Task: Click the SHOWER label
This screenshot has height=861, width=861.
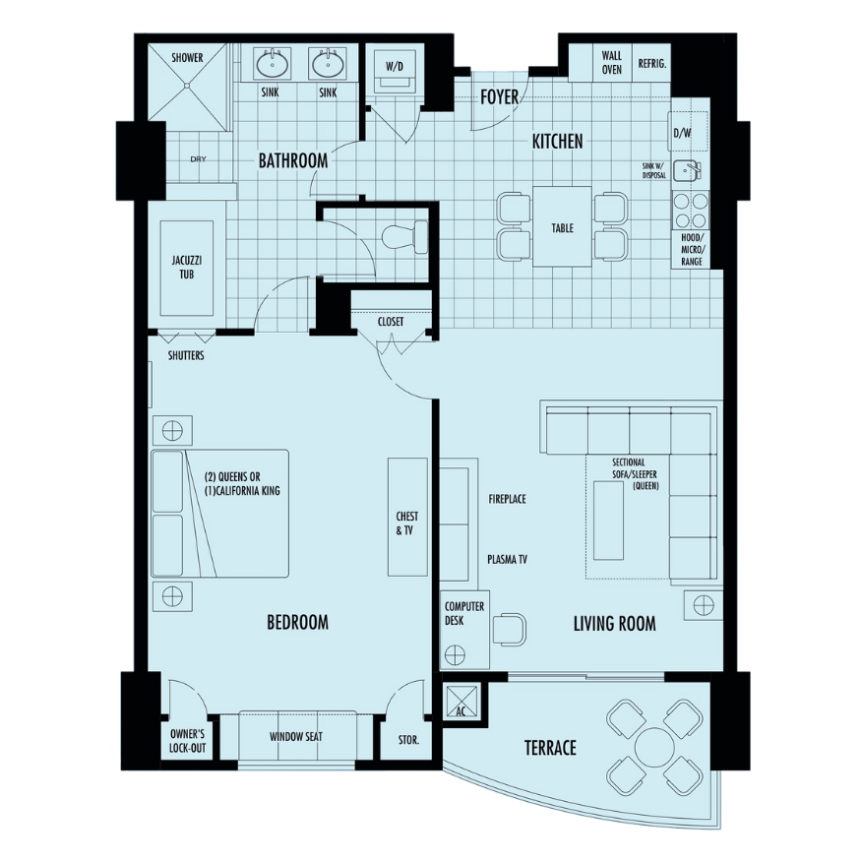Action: [x=187, y=58]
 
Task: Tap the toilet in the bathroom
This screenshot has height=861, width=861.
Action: [x=407, y=237]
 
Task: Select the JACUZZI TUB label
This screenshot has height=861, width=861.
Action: [x=187, y=267]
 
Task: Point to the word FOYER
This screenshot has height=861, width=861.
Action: [x=499, y=97]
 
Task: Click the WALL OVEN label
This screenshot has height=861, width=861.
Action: [x=612, y=63]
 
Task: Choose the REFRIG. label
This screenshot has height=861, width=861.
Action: [x=651, y=64]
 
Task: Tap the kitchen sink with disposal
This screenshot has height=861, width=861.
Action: [x=687, y=170]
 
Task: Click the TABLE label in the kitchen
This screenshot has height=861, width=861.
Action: [x=562, y=228]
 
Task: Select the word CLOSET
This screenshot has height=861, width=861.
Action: [x=391, y=322]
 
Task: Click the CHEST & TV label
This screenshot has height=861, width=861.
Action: [x=407, y=523]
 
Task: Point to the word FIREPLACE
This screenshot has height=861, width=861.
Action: [x=508, y=499]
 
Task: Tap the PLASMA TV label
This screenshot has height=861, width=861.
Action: [x=508, y=560]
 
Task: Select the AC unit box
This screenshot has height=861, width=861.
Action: [x=461, y=702]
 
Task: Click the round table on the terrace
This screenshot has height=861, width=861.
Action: [x=654, y=747]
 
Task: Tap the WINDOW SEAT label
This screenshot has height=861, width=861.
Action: [x=296, y=737]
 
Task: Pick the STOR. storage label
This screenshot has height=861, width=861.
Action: [x=408, y=740]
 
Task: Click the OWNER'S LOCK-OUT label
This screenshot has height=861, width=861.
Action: [x=187, y=741]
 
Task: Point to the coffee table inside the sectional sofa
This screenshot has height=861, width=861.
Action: [x=608, y=520]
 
